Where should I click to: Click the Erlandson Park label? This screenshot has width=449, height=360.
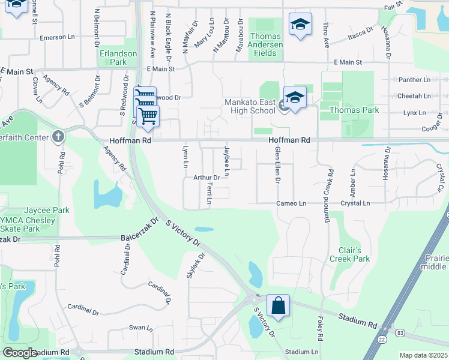[x=118, y=58]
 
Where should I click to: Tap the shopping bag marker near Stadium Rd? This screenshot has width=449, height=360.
[x=279, y=305]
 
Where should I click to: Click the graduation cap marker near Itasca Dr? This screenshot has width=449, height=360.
[x=300, y=25]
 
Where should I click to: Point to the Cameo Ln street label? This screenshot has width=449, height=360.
[x=291, y=203]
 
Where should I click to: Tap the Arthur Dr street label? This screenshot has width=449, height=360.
[x=206, y=178]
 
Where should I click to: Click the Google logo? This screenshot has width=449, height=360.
[x=20, y=353]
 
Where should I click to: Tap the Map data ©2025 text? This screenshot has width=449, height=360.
[x=423, y=355]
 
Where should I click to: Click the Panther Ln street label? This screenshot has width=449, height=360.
[x=414, y=79]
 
